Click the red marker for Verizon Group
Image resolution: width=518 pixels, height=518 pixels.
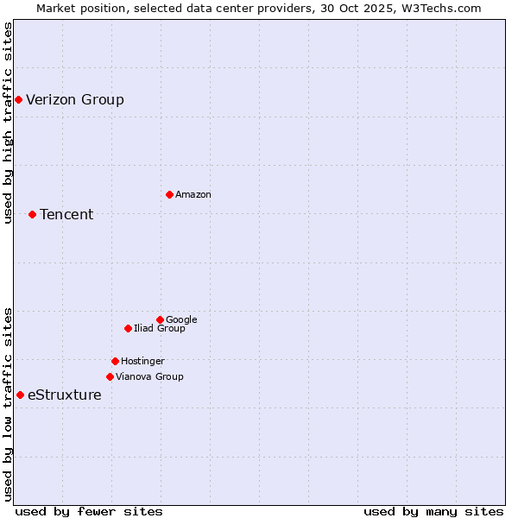(x=18, y=100)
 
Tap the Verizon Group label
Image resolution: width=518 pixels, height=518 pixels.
(x=75, y=100)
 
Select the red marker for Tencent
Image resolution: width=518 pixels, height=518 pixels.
(x=32, y=214)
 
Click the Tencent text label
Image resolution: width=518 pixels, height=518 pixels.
(x=66, y=215)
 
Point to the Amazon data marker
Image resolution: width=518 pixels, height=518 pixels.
(x=169, y=194)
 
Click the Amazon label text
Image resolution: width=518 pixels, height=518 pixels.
(x=193, y=195)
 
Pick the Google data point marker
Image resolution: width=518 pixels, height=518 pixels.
(x=160, y=319)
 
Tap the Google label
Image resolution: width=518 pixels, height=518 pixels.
(x=181, y=320)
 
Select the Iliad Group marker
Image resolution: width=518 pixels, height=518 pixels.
(x=128, y=328)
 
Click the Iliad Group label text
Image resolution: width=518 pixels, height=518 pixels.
(x=160, y=329)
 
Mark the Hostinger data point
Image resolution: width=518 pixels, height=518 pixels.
(x=115, y=361)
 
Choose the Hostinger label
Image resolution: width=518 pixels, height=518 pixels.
(x=142, y=362)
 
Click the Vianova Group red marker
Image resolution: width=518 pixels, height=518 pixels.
(x=110, y=376)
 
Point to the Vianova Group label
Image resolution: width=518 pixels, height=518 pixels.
(x=149, y=377)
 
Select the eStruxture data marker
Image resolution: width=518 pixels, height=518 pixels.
(x=20, y=395)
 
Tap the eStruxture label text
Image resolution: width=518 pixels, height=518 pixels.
(x=65, y=395)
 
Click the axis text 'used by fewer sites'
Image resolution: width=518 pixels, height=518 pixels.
(x=89, y=512)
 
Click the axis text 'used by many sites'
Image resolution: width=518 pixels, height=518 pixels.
(x=433, y=512)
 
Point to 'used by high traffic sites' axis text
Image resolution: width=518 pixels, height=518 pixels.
(x=9, y=123)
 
